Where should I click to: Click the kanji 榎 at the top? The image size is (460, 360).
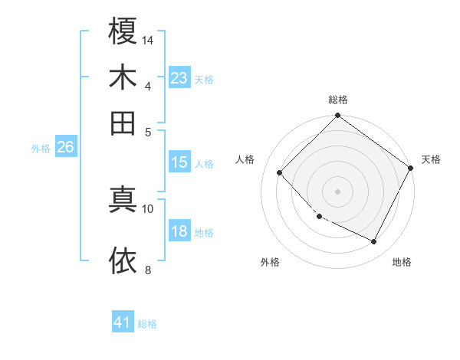[123, 31]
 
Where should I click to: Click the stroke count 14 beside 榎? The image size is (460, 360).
[149, 40]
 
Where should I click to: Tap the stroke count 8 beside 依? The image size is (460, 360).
[148, 269]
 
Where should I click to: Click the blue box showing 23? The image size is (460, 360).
[179, 78]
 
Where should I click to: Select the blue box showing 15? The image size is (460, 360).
[179, 162]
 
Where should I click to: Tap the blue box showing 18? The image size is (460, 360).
[179, 231]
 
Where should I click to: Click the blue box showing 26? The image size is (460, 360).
[65, 148]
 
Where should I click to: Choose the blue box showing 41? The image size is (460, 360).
[123, 322]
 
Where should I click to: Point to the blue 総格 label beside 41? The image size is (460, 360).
[147, 324]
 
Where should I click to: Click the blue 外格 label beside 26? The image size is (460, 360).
[40, 149]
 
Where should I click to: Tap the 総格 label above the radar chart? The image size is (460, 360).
[338, 100]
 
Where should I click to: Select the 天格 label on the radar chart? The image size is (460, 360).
[431, 159]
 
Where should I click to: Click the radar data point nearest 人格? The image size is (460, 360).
[280, 173]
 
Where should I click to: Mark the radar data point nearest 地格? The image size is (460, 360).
[374, 242]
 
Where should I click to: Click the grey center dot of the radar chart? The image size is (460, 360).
[337, 191]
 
